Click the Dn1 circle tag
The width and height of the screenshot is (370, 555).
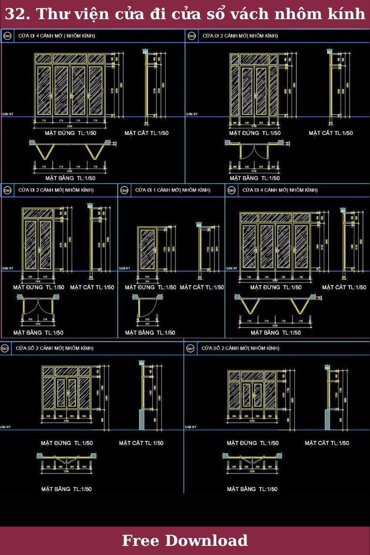(x=7, y=36)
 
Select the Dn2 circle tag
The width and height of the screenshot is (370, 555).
(x=192, y=36)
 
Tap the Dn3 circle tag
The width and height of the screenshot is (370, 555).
(x=7, y=190)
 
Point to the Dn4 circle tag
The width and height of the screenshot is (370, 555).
(x=124, y=190)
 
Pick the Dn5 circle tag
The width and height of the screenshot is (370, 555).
(x=232, y=190)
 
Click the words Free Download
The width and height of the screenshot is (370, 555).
(x=185, y=541)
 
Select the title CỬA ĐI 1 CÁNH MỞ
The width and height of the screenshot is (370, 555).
(x=173, y=190)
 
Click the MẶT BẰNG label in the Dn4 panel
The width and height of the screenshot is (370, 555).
(x=150, y=333)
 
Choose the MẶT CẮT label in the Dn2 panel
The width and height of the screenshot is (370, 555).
(x=331, y=133)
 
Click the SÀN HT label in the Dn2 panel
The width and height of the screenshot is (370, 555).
(x=192, y=114)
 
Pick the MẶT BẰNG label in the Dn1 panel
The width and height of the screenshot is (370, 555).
(x=71, y=178)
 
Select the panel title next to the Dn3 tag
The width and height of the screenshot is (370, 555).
(x=56, y=190)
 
